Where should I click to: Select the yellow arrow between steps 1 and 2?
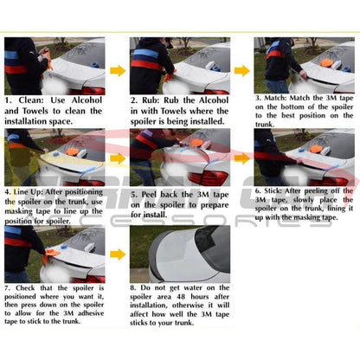(x=117, y=70)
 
